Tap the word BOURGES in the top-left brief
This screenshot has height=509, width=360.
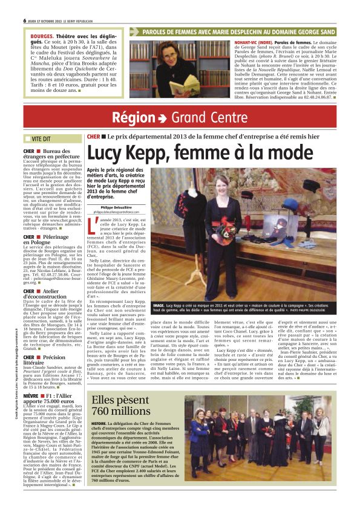click(42, 36)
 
